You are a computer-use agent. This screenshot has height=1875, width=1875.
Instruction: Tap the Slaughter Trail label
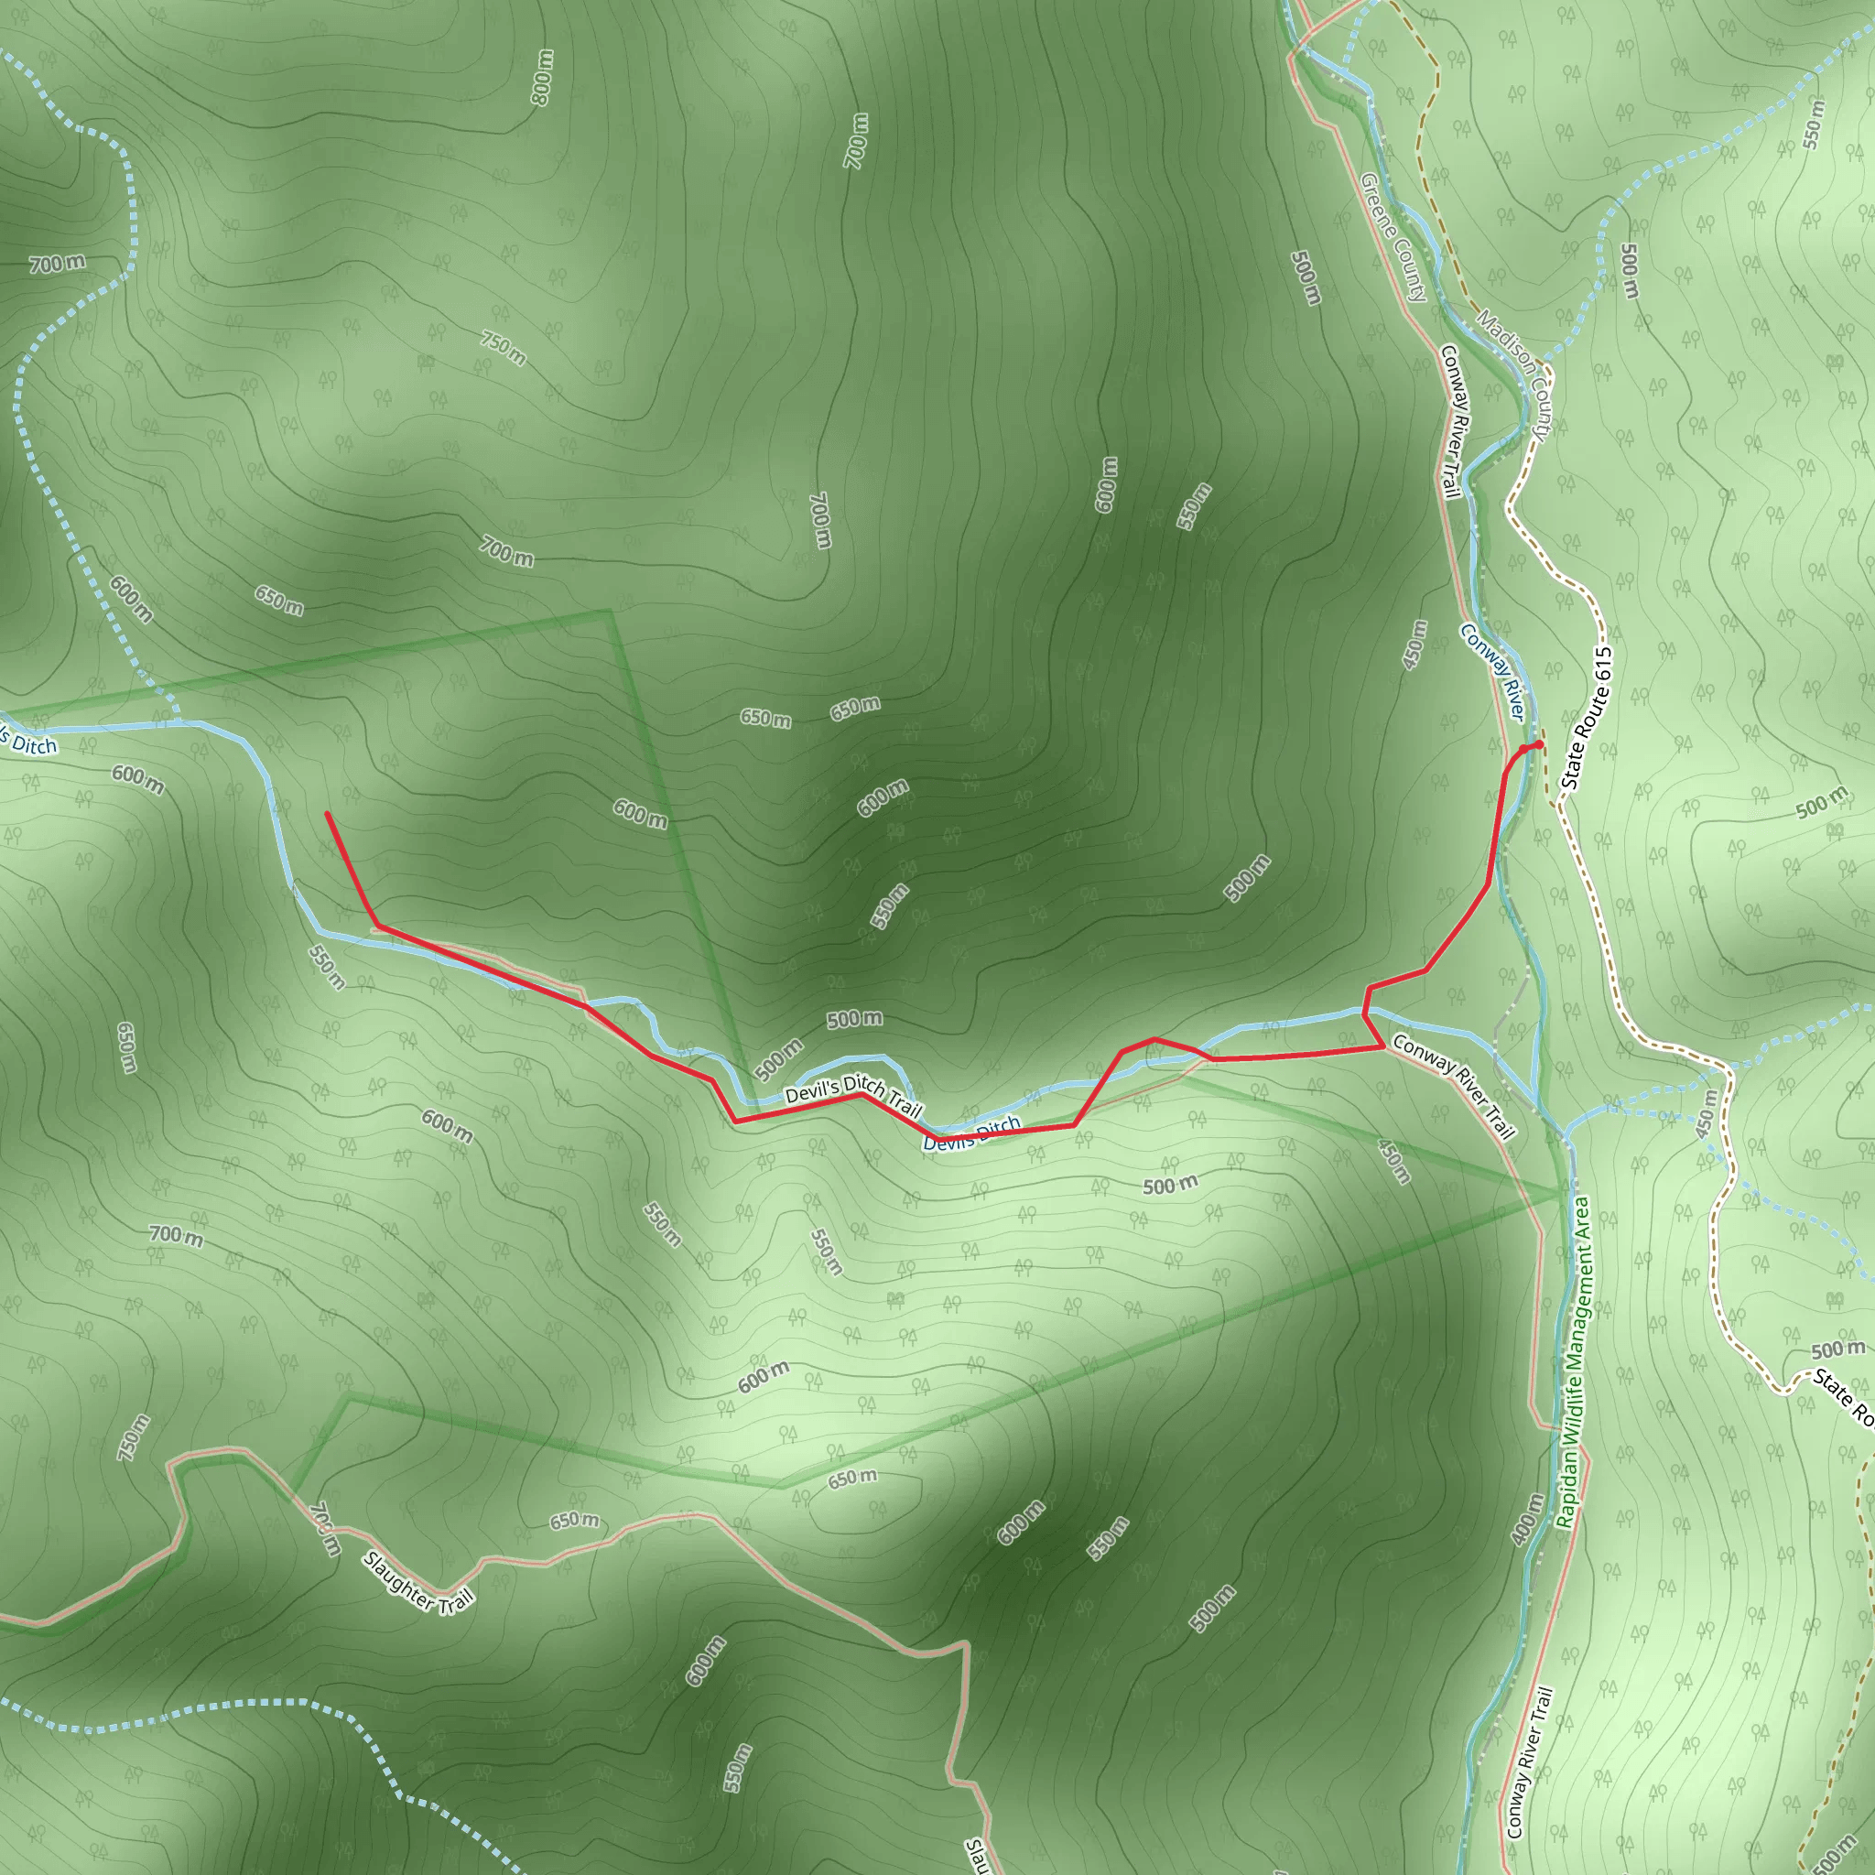pos(418,1582)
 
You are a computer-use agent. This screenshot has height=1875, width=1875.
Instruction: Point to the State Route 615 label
pos(1586,718)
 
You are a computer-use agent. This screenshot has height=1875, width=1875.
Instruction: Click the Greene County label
pos(1393,237)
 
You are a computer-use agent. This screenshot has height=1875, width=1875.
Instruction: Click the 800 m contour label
pos(543,77)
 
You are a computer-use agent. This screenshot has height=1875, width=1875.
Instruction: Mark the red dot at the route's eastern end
pos(1539,744)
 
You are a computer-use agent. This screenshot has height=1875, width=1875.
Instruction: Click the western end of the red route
pos(327,813)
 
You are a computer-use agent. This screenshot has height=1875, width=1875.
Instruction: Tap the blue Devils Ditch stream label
pos(971,1133)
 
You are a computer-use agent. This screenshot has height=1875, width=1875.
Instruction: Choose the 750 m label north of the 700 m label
pos(503,347)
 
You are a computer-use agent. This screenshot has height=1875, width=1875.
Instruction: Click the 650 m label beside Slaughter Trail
pos(575,1520)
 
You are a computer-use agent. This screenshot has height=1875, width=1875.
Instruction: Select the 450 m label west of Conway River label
pos(1416,645)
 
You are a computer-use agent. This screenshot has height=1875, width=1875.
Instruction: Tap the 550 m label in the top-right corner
pos(1814,125)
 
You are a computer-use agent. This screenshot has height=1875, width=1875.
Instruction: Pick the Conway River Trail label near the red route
pos(1453,1086)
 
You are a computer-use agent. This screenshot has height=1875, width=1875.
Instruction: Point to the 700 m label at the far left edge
pos(56,263)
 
